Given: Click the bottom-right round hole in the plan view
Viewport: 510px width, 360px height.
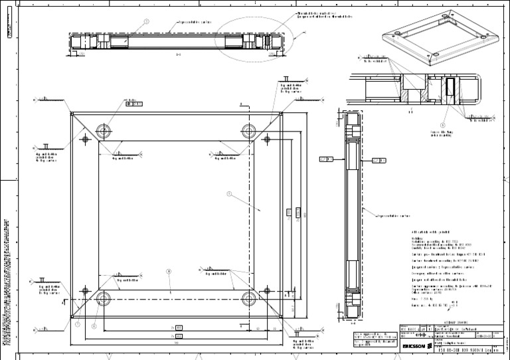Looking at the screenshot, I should [x=249, y=298].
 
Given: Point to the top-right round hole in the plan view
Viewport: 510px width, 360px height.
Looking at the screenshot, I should [x=249, y=129].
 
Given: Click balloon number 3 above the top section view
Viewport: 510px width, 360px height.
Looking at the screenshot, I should [x=147, y=21].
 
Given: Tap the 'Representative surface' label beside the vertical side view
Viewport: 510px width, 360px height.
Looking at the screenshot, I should [x=398, y=216].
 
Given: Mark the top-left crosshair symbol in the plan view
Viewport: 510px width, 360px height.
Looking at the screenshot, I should [x=86, y=139].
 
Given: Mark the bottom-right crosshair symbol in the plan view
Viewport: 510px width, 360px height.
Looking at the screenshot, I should [x=268, y=290].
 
